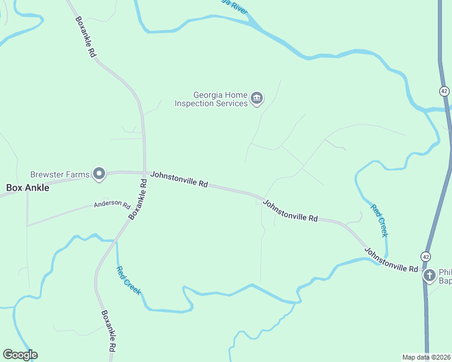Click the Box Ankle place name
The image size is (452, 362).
(x=28, y=188)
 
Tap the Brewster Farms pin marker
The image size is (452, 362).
(x=98, y=174)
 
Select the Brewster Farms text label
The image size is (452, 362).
(x=60, y=174)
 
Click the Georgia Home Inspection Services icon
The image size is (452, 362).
(x=257, y=98)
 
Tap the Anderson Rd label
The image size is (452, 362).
(x=112, y=205)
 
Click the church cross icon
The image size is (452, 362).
(x=430, y=276)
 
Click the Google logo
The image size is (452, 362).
(x=20, y=355)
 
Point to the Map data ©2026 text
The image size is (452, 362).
(x=426, y=357)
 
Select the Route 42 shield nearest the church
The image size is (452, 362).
(x=426, y=256)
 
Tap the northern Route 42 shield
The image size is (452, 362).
(x=444, y=91)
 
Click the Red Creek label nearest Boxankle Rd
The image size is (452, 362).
(x=128, y=280)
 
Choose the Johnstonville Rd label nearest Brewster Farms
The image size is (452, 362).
(x=179, y=179)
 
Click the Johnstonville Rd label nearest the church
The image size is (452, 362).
(x=391, y=259)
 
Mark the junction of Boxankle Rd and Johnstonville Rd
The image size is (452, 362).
(x=145, y=172)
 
